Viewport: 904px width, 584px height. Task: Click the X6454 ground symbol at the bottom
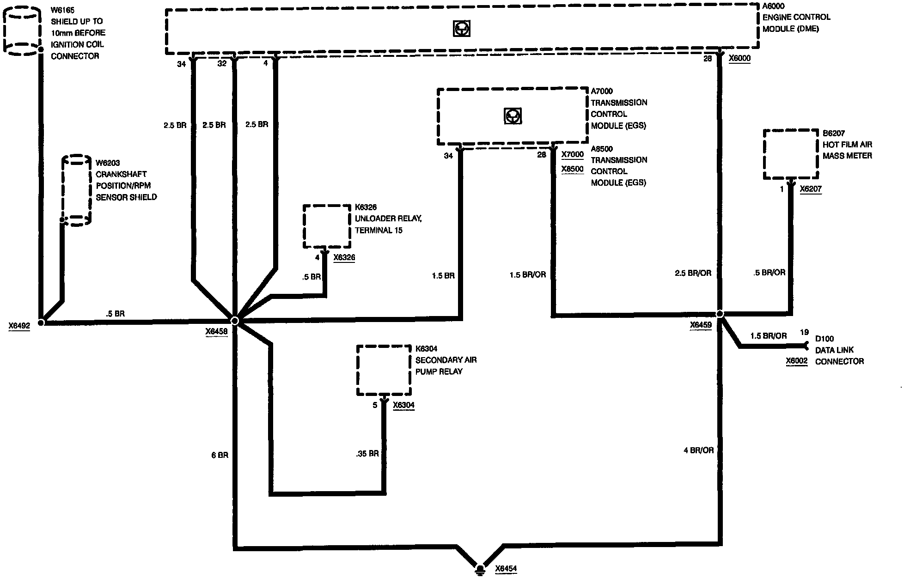[481, 568]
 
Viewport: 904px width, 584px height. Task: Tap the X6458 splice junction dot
[234, 320]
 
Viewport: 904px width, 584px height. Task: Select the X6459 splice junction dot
[720, 314]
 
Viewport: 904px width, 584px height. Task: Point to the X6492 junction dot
[41, 322]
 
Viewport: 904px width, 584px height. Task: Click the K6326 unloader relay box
[327, 226]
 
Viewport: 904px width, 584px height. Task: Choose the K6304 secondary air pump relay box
[384, 370]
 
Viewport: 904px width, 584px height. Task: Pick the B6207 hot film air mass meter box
[790, 154]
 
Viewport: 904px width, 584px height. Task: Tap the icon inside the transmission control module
[513, 116]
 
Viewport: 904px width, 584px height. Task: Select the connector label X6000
[739, 58]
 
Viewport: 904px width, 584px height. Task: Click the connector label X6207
[811, 189]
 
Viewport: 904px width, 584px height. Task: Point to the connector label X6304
[403, 405]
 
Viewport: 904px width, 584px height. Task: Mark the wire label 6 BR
[220, 455]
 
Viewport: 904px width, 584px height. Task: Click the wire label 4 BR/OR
[698, 450]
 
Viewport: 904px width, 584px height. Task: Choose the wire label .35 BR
[367, 454]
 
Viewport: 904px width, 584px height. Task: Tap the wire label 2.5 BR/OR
[693, 273]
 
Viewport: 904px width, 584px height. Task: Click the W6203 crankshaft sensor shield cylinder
[77, 190]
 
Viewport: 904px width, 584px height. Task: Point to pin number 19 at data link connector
[804, 332]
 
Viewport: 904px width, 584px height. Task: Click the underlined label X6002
[796, 361]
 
